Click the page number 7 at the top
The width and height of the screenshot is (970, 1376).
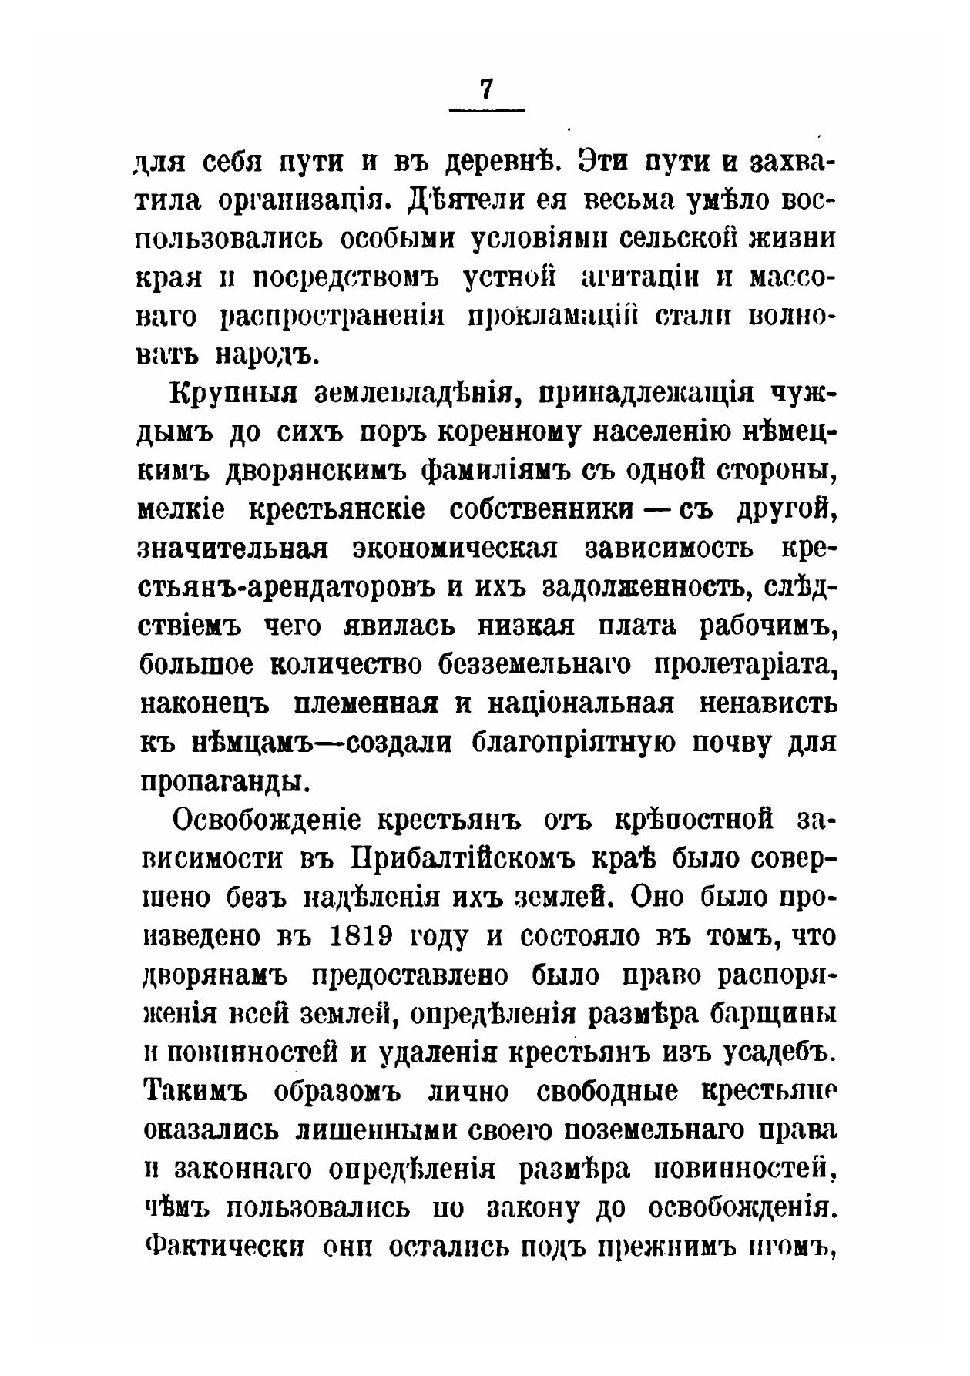click(485, 89)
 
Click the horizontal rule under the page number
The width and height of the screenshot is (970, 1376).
click(486, 110)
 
